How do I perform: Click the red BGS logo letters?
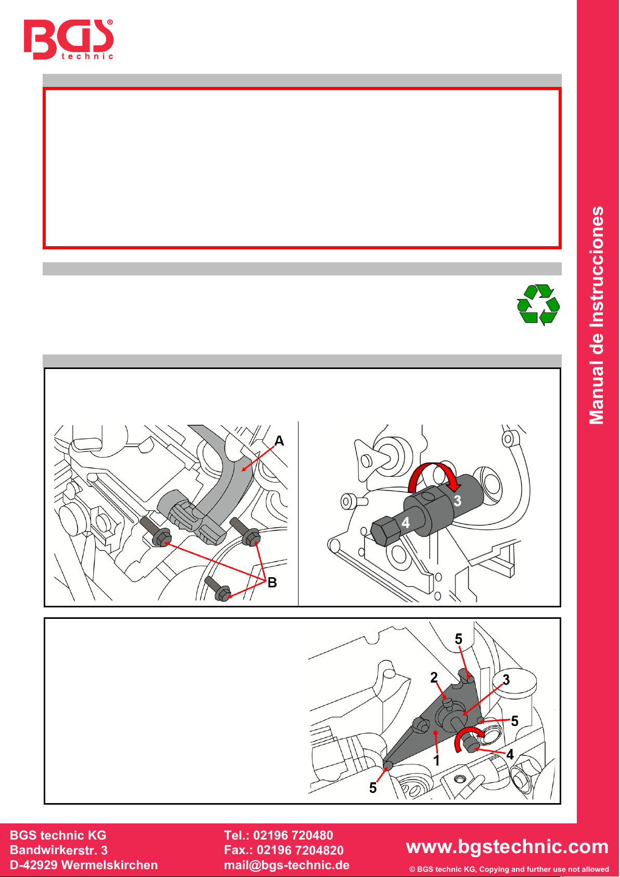point(69,39)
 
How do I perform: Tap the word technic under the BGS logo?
point(87,56)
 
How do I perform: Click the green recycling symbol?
point(538,305)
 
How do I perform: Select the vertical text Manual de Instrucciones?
point(597,315)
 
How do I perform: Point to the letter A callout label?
point(279,441)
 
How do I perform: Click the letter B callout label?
point(272,582)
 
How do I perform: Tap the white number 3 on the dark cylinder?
point(457,500)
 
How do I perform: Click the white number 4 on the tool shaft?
point(406,522)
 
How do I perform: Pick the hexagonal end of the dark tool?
point(383,530)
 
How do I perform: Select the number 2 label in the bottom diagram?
point(434,677)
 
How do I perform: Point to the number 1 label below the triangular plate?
point(436,760)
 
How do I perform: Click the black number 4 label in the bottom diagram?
point(510,754)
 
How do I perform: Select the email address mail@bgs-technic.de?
point(287,865)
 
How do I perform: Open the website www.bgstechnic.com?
point(507,846)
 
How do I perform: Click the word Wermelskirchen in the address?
point(110,865)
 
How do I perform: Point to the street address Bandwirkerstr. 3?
point(59,850)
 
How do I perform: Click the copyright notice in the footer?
point(509,869)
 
